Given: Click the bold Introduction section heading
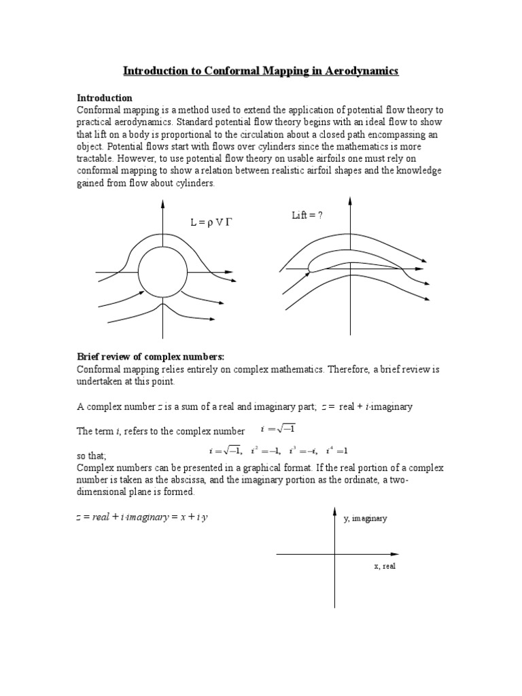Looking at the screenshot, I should tap(105, 98).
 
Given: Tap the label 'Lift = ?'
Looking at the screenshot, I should tap(307, 215).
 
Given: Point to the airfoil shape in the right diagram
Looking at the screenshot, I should tap(353, 262).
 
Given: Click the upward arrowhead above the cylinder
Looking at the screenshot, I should tap(162, 201).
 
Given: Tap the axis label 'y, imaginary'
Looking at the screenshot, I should tap(365, 518).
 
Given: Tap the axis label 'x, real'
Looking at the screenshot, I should tap(384, 566).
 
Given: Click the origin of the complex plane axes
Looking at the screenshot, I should tap(334, 555).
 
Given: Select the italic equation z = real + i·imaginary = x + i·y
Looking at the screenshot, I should tap(141, 518).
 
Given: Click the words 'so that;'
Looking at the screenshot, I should tap(92, 455).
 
